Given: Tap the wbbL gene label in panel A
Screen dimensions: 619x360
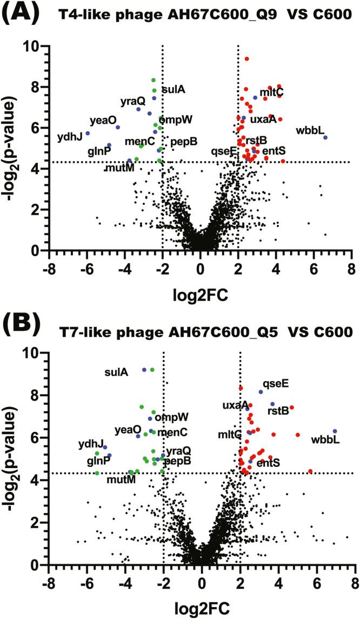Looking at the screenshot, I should click(x=310, y=130).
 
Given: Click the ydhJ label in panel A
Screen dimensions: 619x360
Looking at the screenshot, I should click(x=70, y=137).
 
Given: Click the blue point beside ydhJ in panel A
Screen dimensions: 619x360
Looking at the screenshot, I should click(x=88, y=134).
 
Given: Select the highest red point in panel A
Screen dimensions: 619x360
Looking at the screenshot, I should click(x=246, y=59).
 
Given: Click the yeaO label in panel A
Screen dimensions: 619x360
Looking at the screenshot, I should click(x=100, y=121).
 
